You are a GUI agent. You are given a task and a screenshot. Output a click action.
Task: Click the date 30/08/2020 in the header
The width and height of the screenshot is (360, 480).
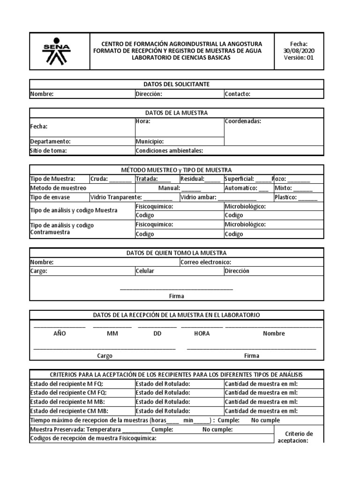[299, 51]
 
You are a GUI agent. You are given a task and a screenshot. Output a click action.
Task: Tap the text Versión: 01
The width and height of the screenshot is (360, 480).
[299, 58]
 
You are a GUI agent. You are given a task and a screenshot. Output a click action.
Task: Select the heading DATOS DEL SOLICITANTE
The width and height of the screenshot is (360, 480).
[176, 84]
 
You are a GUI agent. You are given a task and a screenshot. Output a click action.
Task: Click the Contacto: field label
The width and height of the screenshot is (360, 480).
[237, 94]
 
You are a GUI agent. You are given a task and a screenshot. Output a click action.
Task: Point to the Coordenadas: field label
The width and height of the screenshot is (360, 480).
[243, 121]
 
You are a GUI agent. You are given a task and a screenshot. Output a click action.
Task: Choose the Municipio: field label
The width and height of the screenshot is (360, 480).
[150, 141]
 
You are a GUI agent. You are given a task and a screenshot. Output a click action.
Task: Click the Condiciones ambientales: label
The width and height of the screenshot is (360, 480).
[169, 150]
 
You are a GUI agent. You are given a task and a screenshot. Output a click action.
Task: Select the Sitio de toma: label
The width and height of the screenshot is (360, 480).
[49, 150]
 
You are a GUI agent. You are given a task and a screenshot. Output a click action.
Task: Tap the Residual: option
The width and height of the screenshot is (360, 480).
[192, 179]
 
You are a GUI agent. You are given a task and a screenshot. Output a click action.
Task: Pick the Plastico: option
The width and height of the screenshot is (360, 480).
[286, 197]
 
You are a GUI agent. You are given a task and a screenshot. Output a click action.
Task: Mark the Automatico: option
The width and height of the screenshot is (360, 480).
[240, 188]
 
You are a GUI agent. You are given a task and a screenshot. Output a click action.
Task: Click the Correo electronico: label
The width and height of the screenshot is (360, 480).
[205, 262]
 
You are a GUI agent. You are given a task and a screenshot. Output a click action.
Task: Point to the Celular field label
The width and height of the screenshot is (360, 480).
[145, 271]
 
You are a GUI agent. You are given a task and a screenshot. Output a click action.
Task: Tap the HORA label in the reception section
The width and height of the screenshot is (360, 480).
[202, 334]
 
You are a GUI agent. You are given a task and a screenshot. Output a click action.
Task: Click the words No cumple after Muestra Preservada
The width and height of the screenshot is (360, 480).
[217, 429]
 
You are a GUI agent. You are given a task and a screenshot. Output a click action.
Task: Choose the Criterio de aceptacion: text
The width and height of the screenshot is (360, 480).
[299, 437]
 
